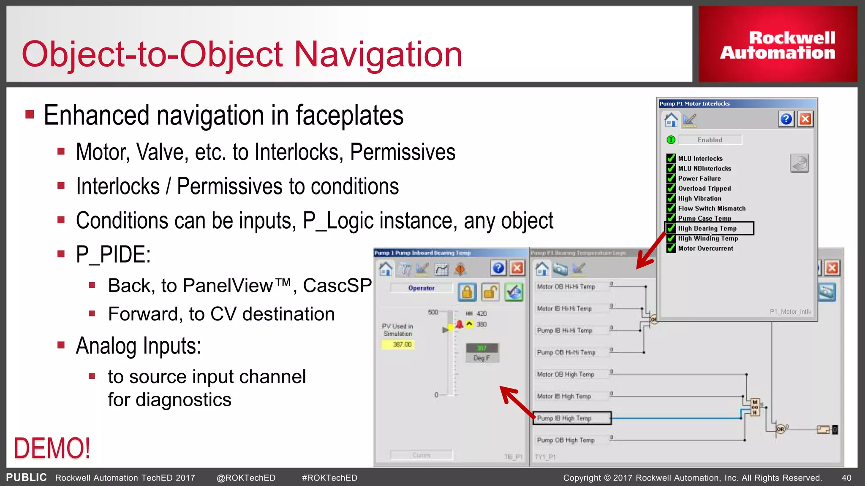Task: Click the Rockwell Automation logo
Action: (x=778, y=45)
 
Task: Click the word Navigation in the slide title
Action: (x=378, y=54)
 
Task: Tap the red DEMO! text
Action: (x=52, y=448)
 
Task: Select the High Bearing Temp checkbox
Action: (x=671, y=228)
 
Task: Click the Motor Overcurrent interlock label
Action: (x=705, y=248)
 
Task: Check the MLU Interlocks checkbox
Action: (x=671, y=158)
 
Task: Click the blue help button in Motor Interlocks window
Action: (x=786, y=119)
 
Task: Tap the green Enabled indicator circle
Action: (x=671, y=140)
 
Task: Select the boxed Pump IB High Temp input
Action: (x=572, y=418)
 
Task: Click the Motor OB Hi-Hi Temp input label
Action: (x=566, y=286)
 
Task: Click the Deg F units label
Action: (x=481, y=358)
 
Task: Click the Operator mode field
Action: (x=421, y=288)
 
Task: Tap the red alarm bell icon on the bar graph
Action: (x=460, y=324)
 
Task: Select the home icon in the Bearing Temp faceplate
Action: (x=386, y=268)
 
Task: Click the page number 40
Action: (x=846, y=478)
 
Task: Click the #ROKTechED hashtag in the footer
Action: (x=329, y=478)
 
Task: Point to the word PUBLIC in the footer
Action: (x=26, y=478)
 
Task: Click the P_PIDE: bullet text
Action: (x=113, y=255)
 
